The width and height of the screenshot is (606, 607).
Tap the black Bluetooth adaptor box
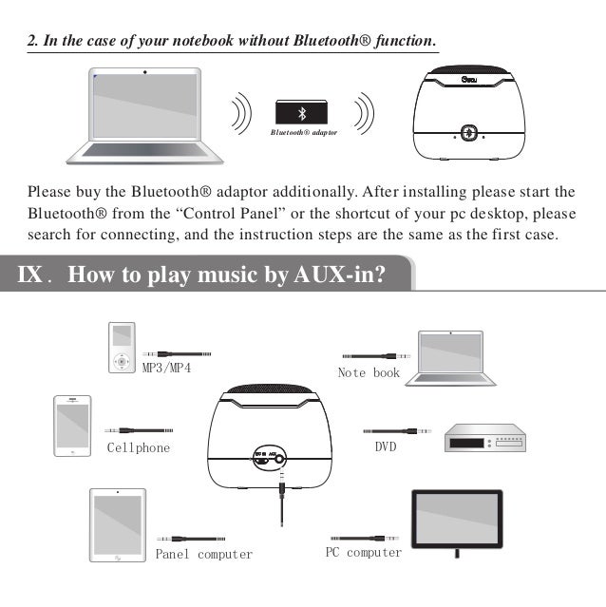(x=303, y=112)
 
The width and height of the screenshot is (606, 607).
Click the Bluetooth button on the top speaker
(x=467, y=134)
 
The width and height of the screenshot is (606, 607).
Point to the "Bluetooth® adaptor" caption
(x=303, y=133)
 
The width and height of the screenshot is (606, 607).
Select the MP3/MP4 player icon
(x=122, y=348)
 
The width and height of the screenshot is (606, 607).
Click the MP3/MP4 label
(x=166, y=368)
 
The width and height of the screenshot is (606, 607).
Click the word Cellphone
(x=139, y=447)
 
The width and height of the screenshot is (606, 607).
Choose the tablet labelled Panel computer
(x=117, y=525)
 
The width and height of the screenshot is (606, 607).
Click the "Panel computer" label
(x=204, y=554)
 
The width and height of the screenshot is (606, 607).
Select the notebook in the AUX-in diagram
(x=450, y=357)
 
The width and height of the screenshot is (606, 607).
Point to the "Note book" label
(x=369, y=373)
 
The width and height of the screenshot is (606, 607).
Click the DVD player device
(x=484, y=438)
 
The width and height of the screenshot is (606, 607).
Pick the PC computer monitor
(x=456, y=521)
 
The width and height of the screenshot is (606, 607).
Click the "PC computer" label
(x=364, y=552)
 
